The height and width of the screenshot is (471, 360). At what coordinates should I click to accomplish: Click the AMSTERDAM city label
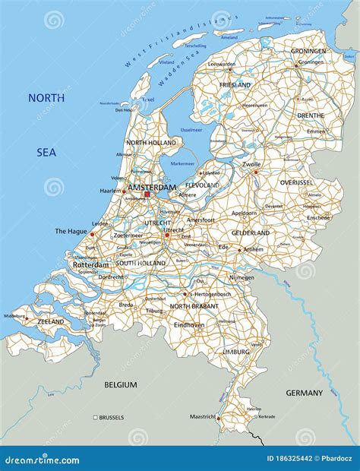pyautogui.click(x=152, y=187)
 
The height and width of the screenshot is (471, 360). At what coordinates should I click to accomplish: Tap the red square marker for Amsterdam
pyautogui.click(x=147, y=194)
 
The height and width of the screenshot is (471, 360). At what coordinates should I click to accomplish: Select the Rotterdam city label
pyautogui.click(x=90, y=264)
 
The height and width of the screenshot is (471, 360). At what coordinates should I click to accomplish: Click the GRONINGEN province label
pyautogui.click(x=308, y=51)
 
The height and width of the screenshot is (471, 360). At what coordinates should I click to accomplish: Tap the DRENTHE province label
pyautogui.click(x=309, y=115)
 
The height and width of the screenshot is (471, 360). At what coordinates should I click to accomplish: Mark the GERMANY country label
pyautogui.click(x=305, y=393)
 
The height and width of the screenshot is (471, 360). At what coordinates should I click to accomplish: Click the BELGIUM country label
pyautogui.click(x=121, y=385)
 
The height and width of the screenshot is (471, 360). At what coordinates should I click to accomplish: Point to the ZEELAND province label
pyautogui.click(x=50, y=321)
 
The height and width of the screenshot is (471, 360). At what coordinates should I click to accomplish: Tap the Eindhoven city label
pyautogui.click(x=189, y=324)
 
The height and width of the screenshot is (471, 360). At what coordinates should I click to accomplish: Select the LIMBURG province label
pyautogui.click(x=235, y=352)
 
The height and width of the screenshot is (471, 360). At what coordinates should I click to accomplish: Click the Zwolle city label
pyautogui.click(x=252, y=163)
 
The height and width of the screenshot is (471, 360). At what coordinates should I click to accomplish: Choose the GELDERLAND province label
pyautogui.click(x=251, y=232)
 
